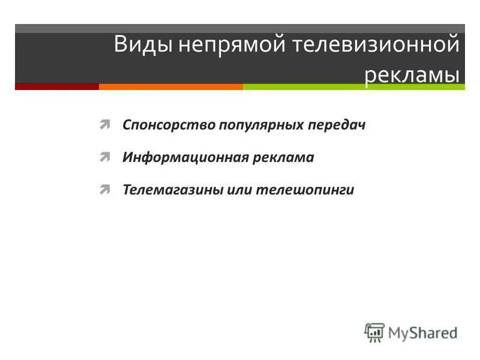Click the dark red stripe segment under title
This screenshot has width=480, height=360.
click(x=57, y=86)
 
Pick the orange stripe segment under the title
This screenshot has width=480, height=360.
click(x=171, y=86)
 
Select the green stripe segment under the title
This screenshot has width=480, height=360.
click(x=354, y=86)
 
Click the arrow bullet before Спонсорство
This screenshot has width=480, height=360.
click(x=105, y=125)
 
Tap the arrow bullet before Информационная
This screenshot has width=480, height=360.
click(x=105, y=157)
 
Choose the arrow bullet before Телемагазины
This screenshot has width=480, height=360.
click(x=105, y=190)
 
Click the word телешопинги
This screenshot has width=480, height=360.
click(x=305, y=190)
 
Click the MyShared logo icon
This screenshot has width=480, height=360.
click(x=374, y=332)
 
